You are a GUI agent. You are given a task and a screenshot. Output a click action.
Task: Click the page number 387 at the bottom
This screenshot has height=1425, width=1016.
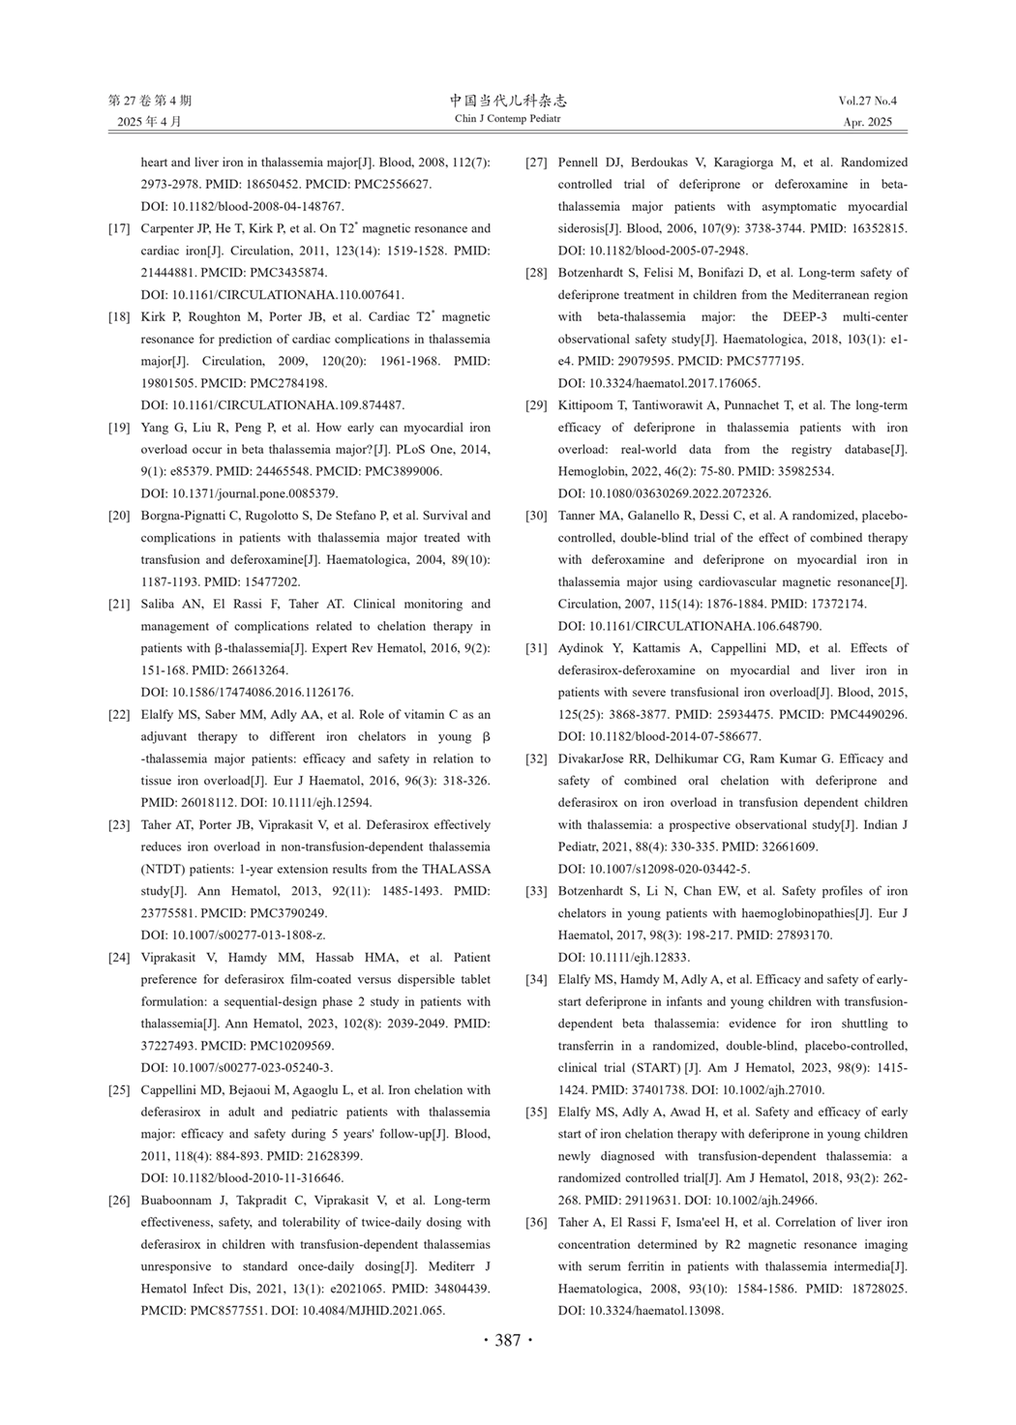(508, 1340)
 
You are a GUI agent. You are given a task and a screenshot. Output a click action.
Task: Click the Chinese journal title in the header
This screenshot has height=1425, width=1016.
(508, 101)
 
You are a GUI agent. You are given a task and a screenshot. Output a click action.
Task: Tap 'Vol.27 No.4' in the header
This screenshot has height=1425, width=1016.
(868, 101)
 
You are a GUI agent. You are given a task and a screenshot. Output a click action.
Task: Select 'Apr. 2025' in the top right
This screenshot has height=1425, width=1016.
(868, 122)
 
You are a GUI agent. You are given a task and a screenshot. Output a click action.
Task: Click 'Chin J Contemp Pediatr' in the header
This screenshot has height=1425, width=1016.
(508, 119)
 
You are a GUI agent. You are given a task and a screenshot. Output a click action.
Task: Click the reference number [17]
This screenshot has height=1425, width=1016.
(119, 229)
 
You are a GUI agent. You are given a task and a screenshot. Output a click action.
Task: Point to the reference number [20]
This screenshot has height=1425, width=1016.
(119, 516)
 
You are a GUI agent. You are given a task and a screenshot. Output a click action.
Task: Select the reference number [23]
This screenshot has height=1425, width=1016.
(119, 825)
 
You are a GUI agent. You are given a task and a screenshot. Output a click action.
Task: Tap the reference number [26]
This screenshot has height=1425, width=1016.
(119, 1201)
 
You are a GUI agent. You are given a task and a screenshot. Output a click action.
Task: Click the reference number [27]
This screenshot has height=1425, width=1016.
(536, 163)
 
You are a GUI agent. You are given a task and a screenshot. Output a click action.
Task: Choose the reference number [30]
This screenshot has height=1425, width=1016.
(536, 516)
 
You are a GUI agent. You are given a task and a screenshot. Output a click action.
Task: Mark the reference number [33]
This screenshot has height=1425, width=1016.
(536, 891)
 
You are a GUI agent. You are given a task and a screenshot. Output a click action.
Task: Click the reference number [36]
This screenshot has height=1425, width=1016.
(536, 1223)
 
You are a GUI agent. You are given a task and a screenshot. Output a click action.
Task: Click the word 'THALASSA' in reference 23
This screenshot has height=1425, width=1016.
(456, 869)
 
